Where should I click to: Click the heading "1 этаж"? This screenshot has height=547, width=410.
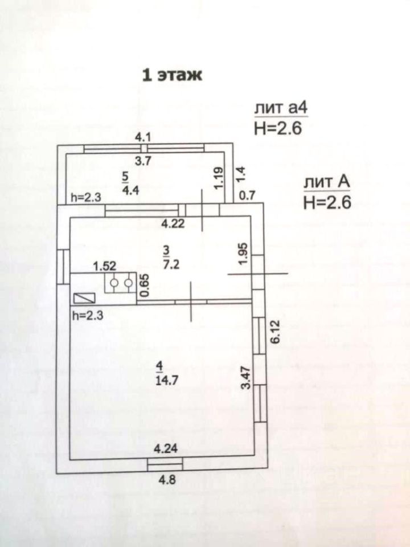click(x=171, y=75)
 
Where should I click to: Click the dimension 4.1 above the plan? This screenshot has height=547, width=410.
click(x=143, y=137)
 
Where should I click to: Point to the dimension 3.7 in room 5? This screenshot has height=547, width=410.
click(x=145, y=161)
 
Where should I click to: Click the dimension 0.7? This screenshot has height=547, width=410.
click(x=247, y=196)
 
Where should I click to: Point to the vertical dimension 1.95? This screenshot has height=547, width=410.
click(x=243, y=253)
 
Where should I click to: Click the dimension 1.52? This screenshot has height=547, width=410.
click(x=104, y=265)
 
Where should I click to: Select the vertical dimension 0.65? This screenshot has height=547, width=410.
click(x=145, y=285)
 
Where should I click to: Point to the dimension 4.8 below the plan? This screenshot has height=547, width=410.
click(x=166, y=479)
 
